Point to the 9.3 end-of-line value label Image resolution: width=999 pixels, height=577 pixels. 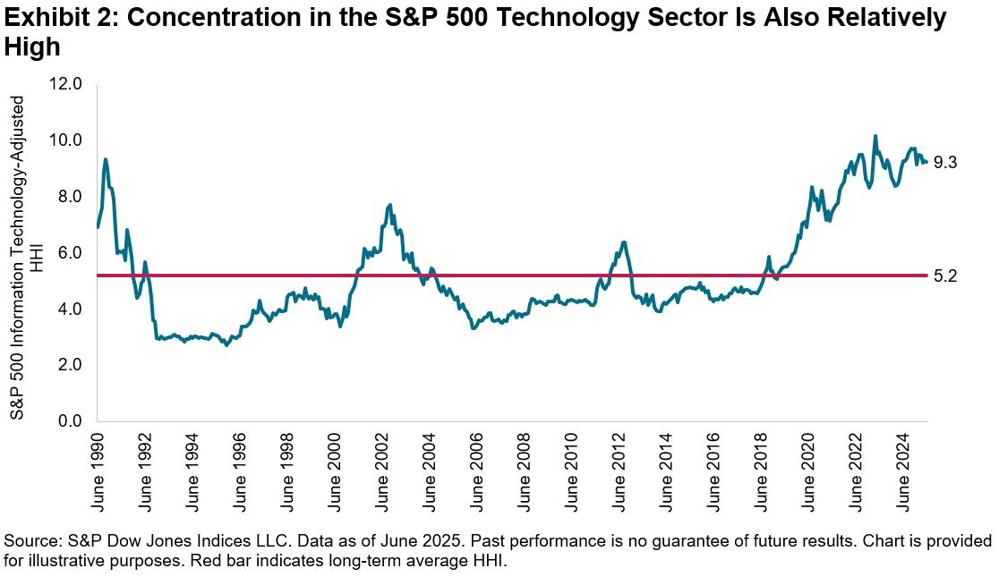point(946,163)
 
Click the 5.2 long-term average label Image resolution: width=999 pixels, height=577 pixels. point(946,276)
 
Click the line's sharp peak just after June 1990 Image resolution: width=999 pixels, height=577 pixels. point(106,159)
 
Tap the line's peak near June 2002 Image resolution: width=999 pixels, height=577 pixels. point(390,205)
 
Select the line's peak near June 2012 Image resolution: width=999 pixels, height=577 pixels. point(623,242)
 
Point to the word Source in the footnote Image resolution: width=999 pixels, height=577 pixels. point(28,542)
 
